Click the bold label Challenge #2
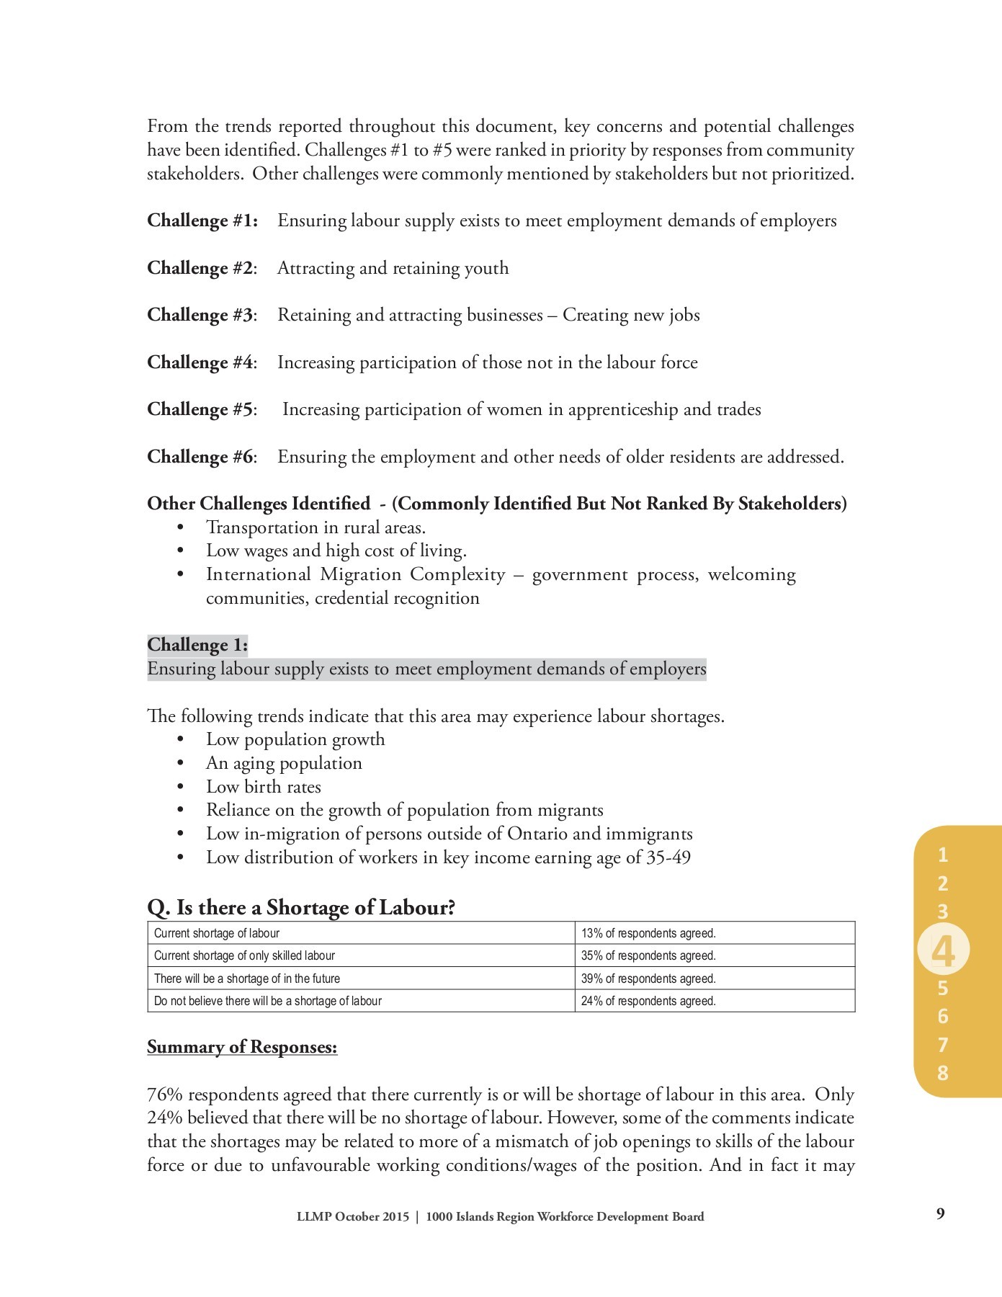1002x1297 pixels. click(x=201, y=268)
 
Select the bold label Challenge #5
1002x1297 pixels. click(x=201, y=409)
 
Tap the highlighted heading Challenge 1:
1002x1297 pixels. click(x=197, y=645)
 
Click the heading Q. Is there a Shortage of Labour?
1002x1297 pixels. click(x=301, y=907)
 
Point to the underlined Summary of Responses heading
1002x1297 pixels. click(x=242, y=1047)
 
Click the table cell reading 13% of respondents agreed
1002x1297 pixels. click(x=648, y=933)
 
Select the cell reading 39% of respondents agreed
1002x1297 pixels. click(x=648, y=979)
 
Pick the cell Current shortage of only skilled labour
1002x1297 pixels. click(x=244, y=955)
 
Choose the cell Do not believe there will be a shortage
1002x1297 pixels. click(x=268, y=1001)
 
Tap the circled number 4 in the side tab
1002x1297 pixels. click(x=943, y=952)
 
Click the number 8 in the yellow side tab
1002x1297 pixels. click(x=942, y=1073)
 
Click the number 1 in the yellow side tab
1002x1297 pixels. click(x=942, y=855)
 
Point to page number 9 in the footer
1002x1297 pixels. click(x=940, y=1213)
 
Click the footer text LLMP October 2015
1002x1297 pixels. click(x=352, y=1217)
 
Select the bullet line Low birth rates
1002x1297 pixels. click(x=263, y=787)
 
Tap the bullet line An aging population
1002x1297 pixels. click(x=284, y=763)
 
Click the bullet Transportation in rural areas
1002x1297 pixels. click(x=316, y=527)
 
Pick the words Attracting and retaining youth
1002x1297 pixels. click(x=393, y=268)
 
